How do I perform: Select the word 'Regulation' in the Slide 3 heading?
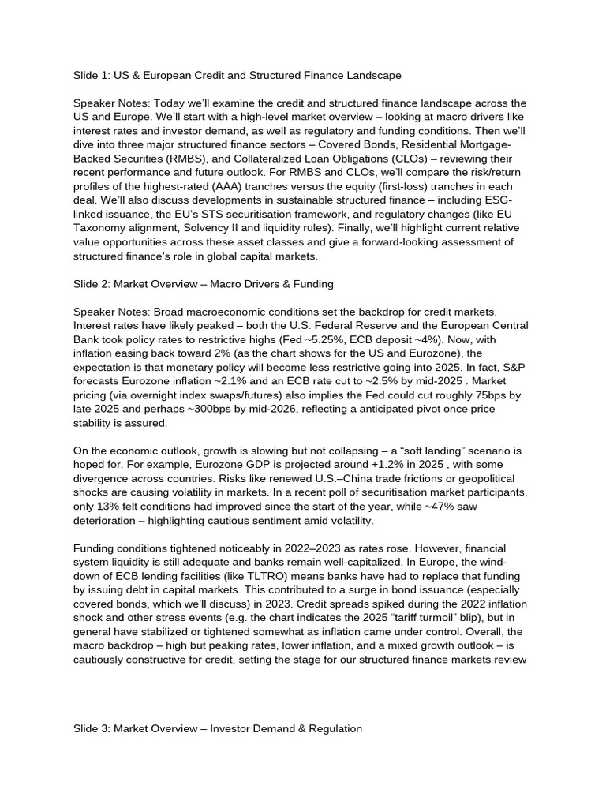coord(335,729)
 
